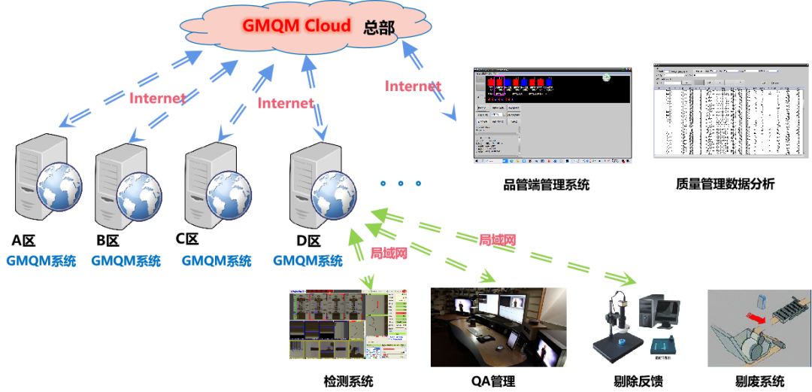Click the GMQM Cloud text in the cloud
point(296,26)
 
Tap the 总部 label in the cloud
point(379,28)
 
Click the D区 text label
point(309,242)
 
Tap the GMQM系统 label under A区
point(41,262)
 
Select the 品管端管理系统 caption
point(546,184)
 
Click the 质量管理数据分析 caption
point(725,184)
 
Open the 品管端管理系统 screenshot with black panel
point(552,114)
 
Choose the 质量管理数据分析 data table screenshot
point(725,111)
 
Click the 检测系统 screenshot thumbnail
point(348,325)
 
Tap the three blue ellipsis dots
point(401,184)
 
